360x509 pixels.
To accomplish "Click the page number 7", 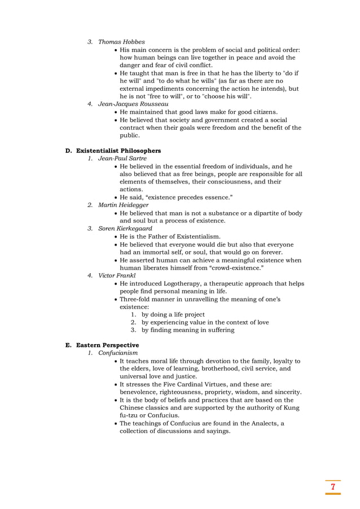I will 333,486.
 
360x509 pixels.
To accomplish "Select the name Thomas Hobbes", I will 121,42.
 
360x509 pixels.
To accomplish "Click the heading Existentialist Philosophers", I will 118,151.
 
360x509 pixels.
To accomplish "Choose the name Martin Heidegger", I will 123,205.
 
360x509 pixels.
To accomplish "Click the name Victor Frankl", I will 117,275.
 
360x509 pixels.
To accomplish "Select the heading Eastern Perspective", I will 107,345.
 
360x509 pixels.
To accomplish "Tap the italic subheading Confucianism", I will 118,353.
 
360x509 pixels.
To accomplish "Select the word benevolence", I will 141,392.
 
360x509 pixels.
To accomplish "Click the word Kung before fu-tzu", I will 291,407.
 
